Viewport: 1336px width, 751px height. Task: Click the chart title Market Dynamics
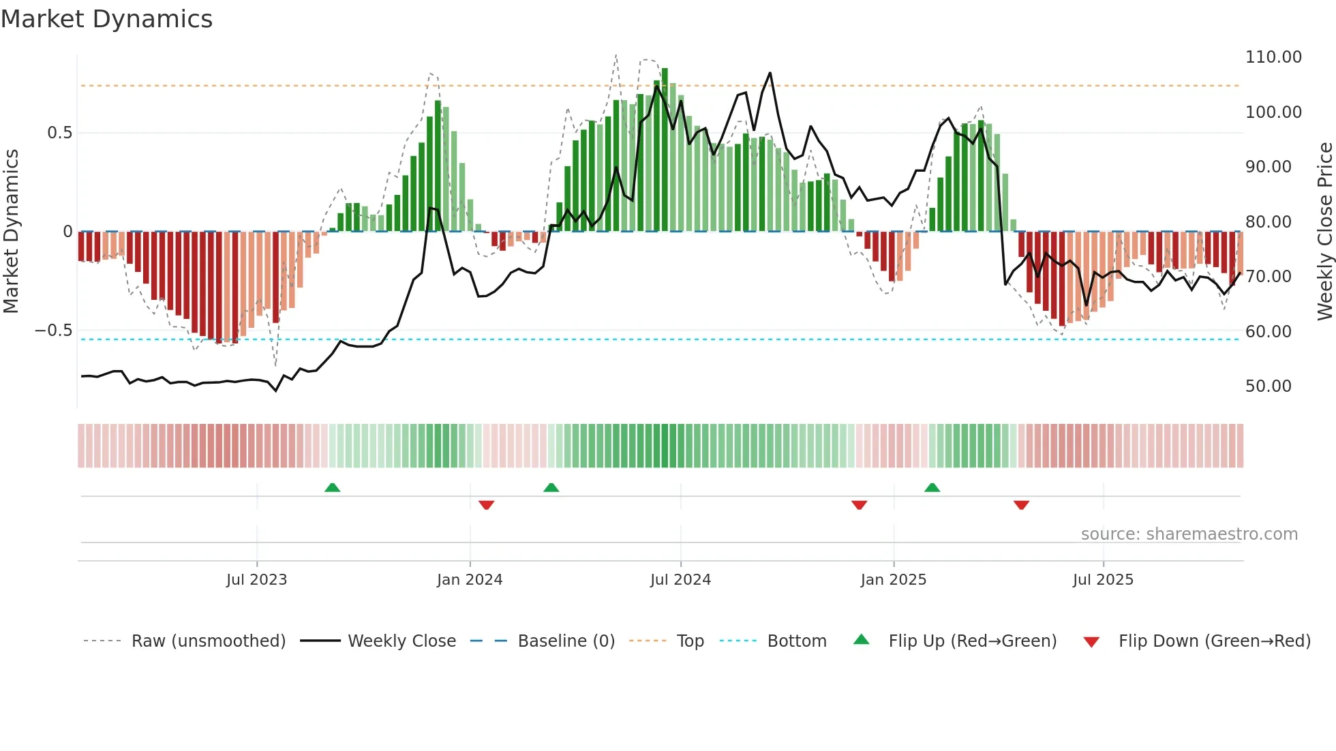tap(106, 19)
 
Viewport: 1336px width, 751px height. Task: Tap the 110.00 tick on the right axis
tap(1273, 57)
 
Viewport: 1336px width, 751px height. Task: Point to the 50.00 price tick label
tap(1268, 386)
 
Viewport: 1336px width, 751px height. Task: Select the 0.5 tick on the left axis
tap(59, 133)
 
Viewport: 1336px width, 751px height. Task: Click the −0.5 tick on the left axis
tap(54, 331)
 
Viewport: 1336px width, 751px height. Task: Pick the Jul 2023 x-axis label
tap(256, 580)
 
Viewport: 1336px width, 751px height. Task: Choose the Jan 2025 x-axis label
tap(893, 580)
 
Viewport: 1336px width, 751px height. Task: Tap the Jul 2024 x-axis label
tap(680, 580)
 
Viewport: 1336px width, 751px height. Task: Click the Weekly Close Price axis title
tap(1324, 231)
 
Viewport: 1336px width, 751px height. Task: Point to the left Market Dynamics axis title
tap(11, 231)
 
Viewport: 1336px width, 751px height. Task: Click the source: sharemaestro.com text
tap(1189, 534)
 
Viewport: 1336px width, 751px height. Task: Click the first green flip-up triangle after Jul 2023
tap(332, 488)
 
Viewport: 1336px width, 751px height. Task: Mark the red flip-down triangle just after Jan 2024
tap(486, 504)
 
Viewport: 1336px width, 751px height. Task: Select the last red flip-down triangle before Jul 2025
tap(1021, 504)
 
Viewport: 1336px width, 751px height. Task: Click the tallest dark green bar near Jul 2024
tap(665, 150)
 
